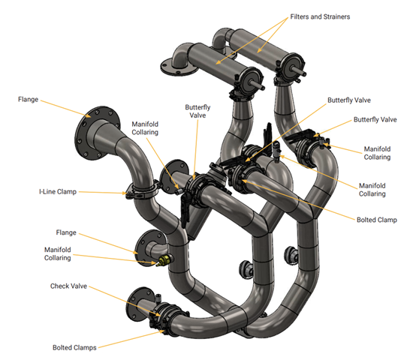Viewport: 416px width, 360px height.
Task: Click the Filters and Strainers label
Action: click(320, 16)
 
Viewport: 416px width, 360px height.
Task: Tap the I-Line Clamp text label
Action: click(58, 191)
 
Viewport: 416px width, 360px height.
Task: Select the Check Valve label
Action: click(69, 286)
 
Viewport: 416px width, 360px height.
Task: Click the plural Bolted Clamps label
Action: click(74, 347)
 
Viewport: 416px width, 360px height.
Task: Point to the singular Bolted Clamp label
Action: click(377, 220)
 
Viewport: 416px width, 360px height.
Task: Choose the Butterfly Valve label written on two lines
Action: click(197, 111)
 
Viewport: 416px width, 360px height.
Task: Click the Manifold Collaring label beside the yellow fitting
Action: click(58, 253)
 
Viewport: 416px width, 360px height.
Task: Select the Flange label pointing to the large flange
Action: click(28, 99)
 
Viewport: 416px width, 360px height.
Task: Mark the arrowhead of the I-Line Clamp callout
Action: click(124, 193)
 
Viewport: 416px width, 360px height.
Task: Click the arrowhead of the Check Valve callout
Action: click(158, 315)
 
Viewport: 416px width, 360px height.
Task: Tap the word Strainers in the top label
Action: click(336, 16)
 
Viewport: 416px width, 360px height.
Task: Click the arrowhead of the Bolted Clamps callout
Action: click(163, 331)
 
